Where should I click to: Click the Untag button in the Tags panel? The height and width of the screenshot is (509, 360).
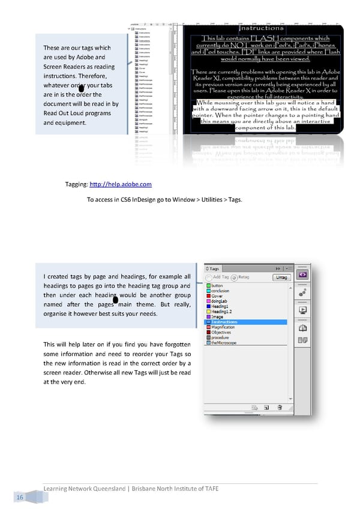coord(281,277)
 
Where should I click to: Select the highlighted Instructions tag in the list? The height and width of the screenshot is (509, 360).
coord(224,322)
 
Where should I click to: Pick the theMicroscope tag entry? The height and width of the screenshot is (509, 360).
coord(227,343)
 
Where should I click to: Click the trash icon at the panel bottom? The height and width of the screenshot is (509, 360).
coord(280,408)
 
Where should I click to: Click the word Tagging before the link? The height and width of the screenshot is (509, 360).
coord(76,184)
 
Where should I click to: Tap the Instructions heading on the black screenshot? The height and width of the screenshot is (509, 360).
coord(261,28)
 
